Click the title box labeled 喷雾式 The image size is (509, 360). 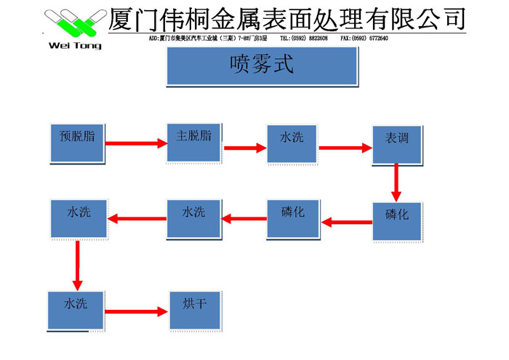262,66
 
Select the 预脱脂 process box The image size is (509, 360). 77,143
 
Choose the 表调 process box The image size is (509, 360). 397,145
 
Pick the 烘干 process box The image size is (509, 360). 194,309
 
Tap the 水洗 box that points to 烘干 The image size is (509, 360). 76,311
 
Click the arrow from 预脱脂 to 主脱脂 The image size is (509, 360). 136,143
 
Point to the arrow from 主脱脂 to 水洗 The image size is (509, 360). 244,148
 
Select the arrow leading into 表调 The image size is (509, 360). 345,148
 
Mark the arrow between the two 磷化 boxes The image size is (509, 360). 346,220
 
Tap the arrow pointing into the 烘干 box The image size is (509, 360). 136,311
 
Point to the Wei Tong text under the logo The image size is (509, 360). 75,46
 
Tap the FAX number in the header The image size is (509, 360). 364,39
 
